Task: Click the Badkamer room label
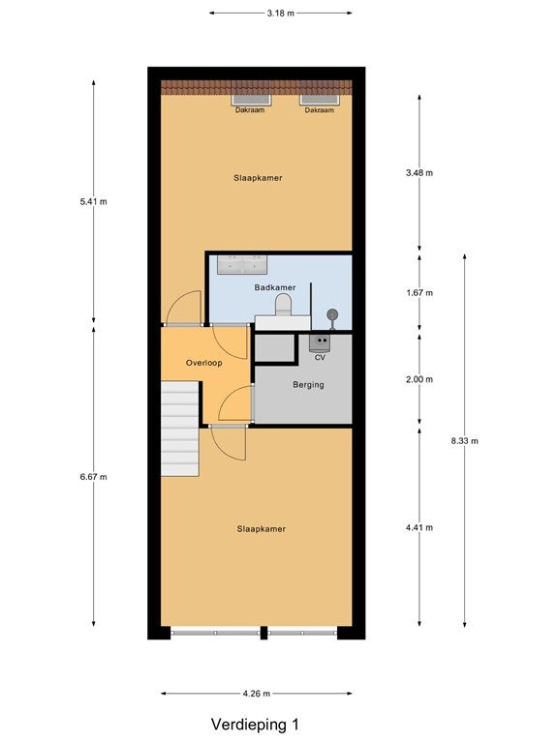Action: pyautogui.click(x=275, y=287)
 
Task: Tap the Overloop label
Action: pyautogui.click(x=204, y=363)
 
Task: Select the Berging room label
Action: pyautogui.click(x=308, y=385)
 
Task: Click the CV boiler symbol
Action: pyautogui.click(x=321, y=342)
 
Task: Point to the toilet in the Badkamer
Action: pyautogui.click(x=283, y=304)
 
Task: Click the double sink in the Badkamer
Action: pyautogui.click(x=242, y=264)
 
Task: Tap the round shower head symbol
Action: pyautogui.click(x=332, y=313)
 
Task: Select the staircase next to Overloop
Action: pyautogui.click(x=180, y=429)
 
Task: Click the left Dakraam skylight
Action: pyautogui.click(x=251, y=100)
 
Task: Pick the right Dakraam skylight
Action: pyautogui.click(x=320, y=100)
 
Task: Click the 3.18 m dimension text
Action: pyautogui.click(x=280, y=14)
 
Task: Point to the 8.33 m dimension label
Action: pyautogui.click(x=465, y=441)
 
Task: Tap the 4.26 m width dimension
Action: pyautogui.click(x=256, y=694)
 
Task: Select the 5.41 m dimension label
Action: pyautogui.click(x=93, y=201)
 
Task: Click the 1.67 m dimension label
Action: pyautogui.click(x=419, y=293)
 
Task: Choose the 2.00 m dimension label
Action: pyautogui.click(x=419, y=379)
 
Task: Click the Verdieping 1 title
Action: pyautogui.click(x=256, y=725)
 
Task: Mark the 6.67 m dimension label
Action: pyautogui.click(x=93, y=477)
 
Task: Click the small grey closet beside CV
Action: pyautogui.click(x=275, y=348)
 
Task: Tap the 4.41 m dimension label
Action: pyautogui.click(x=419, y=527)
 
